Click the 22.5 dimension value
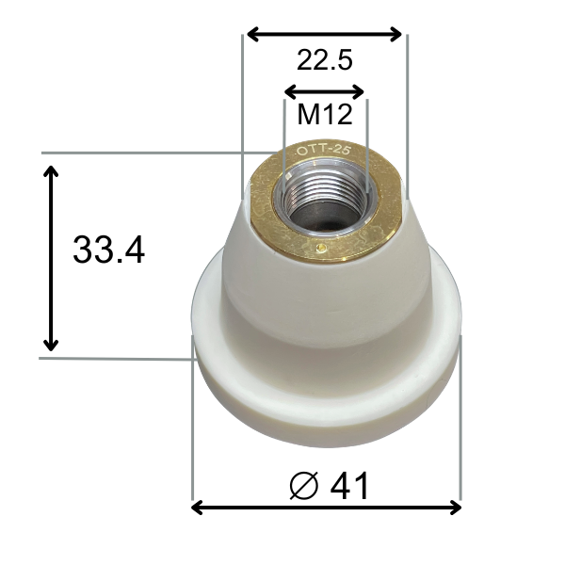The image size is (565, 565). (x=324, y=61)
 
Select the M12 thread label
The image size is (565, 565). (x=324, y=115)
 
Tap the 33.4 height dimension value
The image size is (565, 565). (x=108, y=250)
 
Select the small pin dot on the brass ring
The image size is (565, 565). (x=322, y=250)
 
